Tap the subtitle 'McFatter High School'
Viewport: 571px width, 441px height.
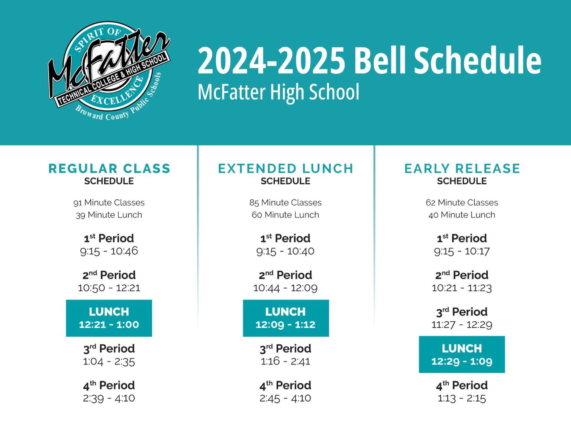click(x=278, y=92)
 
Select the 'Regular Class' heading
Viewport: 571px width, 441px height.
click(x=109, y=169)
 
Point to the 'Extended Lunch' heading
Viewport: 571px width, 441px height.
click(x=285, y=169)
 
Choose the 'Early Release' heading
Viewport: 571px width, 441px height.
click(x=462, y=169)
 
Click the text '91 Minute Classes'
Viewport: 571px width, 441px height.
click(x=109, y=202)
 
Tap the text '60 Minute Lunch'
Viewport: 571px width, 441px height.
click(x=285, y=215)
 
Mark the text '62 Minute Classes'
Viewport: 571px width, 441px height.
click(x=462, y=202)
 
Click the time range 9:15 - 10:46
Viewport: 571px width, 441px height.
click(x=109, y=251)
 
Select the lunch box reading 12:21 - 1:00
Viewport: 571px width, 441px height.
click(x=109, y=318)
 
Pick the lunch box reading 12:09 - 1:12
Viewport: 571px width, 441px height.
click(x=285, y=318)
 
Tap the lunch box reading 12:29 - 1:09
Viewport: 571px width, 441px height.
click(x=462, y=354)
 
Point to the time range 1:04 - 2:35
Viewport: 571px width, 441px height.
click(x=109, y=361)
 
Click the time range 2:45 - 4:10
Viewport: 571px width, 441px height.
click(x=285, y=398)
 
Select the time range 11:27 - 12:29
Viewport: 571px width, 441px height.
click(x=462, y=325)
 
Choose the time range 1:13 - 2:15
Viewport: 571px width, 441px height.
click(x=462, y=398)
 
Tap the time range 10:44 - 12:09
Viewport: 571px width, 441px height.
click(x=285, y=288)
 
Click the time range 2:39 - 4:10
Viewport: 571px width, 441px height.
click(x=109, y=398)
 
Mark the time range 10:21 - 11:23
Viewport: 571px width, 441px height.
click(x=462, y=288)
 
